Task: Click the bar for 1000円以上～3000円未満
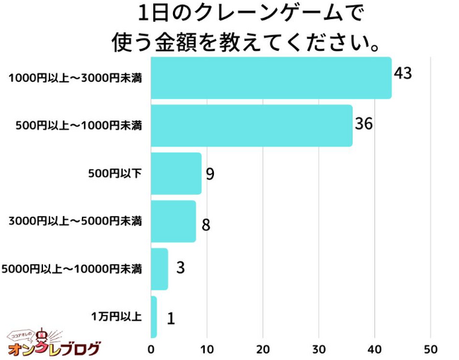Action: coord(271,78)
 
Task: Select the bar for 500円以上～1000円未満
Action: coord(251,126)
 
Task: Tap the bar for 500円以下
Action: coord(176,174)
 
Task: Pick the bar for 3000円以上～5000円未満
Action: coord(173,222)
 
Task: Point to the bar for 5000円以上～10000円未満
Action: coord(160,269)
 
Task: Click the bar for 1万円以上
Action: coord(154,317)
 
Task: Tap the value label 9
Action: coord(210,173)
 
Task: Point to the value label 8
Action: coord(205,225)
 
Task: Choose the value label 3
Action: coord(180,268)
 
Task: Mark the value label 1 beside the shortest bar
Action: coord(170,318)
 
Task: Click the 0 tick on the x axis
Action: coord(151,349)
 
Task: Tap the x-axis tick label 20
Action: coord(263,349)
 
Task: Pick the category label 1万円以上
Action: coord(116,317)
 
